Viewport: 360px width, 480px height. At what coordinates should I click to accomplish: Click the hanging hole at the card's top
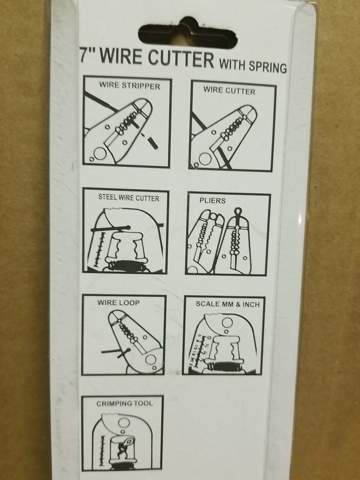[187, 34]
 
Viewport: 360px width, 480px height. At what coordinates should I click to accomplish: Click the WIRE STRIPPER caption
[130, 85]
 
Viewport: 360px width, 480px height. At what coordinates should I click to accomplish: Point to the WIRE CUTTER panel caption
[229, 91]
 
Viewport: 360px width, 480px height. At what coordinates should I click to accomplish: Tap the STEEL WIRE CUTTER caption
[129, 198]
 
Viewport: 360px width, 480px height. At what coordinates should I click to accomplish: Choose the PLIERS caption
[213, 201]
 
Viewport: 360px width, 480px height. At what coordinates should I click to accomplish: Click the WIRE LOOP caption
[119, 302]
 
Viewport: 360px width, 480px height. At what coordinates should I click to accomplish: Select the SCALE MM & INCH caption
[228, 304]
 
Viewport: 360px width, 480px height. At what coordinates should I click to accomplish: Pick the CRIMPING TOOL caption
[125, 403]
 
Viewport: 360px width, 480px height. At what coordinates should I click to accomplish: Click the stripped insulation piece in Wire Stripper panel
[153, 143]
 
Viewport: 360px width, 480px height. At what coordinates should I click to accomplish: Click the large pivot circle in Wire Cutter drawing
[205, 158]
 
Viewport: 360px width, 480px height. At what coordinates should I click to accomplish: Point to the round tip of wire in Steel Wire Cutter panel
[128, 227]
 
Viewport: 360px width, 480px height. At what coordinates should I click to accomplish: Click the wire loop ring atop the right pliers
[239, 211]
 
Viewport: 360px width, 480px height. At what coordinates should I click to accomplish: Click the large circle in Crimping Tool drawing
[124, 422]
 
